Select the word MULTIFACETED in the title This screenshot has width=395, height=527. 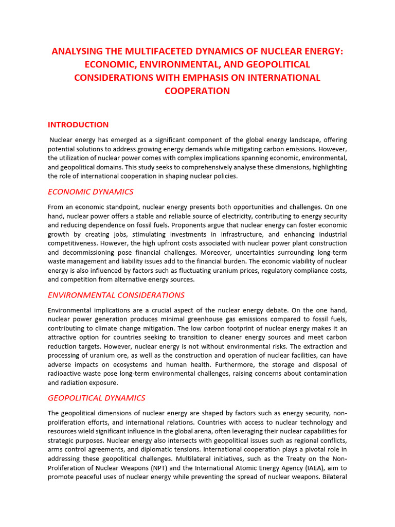(x=163, y=51)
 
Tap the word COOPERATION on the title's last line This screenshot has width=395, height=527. (x=197, y=91)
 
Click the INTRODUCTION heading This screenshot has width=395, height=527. (x=78, y=125)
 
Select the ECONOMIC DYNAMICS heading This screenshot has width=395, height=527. (x=91, y=192)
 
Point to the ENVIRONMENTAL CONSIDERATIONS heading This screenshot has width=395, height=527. (x=116, y=295)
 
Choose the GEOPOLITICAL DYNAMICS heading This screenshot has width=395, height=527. (x=97, y=398)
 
